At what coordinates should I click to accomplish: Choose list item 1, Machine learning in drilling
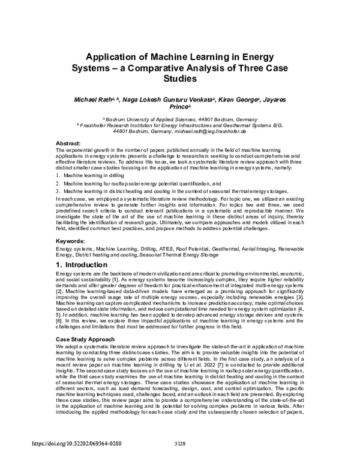94,174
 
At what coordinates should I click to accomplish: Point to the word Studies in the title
180,78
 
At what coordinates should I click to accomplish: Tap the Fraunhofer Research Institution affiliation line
181,125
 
